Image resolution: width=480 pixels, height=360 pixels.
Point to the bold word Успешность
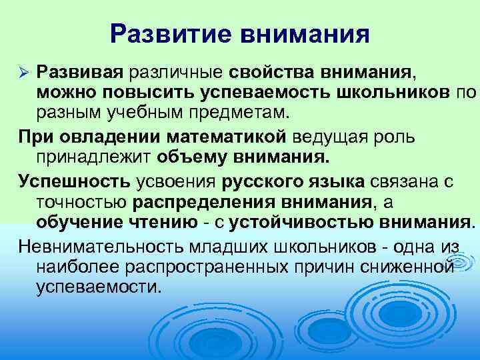(75, 181)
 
